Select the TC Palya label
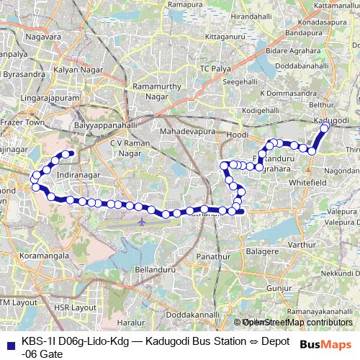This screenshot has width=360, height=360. [x=213, y=68]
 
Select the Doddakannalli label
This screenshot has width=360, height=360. [x=188, y=315]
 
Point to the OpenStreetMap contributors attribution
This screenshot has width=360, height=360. [x=296, y=322]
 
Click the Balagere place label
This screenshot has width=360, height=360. [x=264, y=252]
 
